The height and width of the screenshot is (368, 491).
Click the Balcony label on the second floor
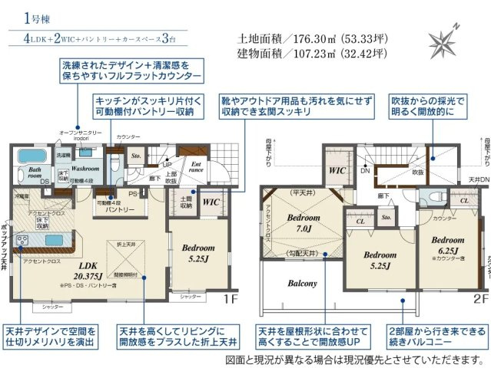[302, 283]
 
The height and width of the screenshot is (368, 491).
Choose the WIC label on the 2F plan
[336, 170]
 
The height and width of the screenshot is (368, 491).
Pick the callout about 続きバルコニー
[436, 336]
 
